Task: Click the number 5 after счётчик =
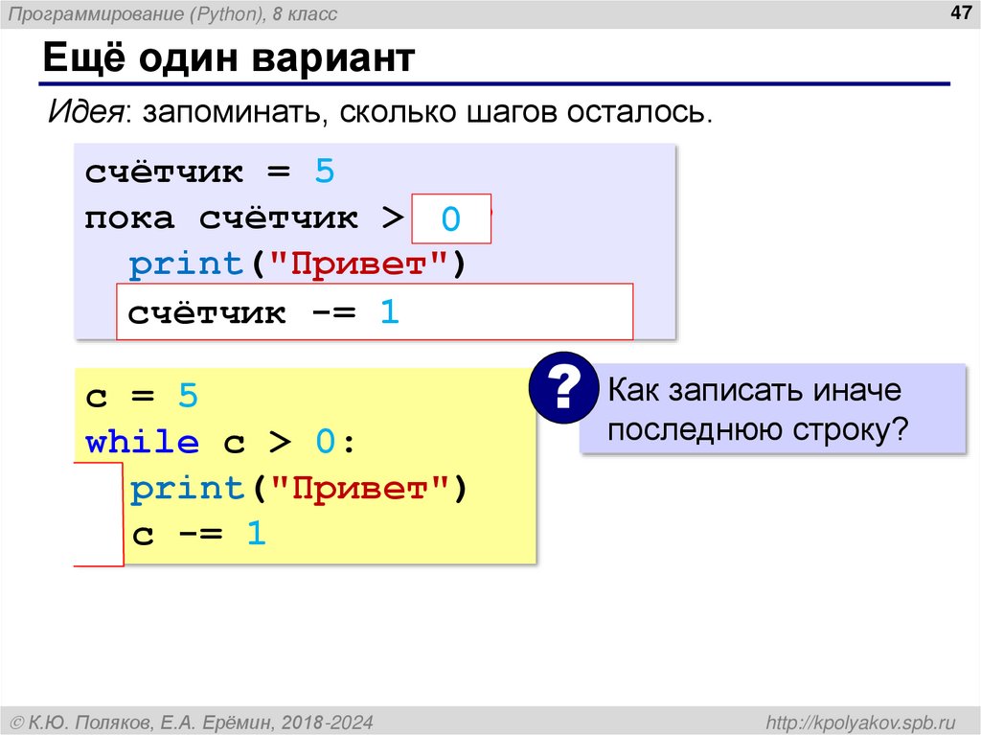[325, 172]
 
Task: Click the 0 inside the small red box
[451, 220]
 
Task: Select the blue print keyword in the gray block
[187, 264]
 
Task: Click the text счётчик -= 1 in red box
[263, 312]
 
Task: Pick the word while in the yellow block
[142, 443]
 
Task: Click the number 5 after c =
[187, 397]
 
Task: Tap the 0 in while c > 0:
[325, 443]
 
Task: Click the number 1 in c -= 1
[256, 535]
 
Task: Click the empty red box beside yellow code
[100, 515]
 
